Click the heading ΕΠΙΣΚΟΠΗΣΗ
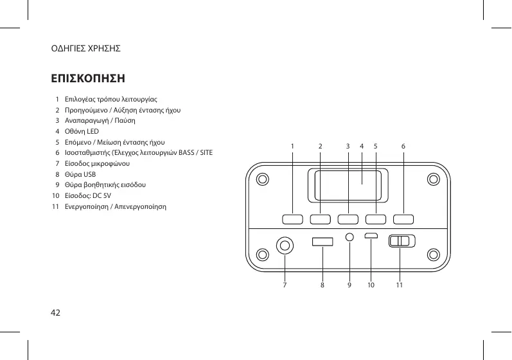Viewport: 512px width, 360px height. coord(88,78)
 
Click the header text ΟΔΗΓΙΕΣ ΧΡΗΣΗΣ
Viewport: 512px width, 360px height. coord(86,48)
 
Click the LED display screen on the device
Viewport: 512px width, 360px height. coord(347,186)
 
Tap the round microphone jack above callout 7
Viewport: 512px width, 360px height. coord(285,245)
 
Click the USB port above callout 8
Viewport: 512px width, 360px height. coord(322,242)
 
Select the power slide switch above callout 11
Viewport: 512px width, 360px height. coord(402,241)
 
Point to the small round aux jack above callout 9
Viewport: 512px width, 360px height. coord(349,237)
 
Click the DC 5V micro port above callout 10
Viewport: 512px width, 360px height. coord(371,237)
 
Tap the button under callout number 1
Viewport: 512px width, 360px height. coord(292,219)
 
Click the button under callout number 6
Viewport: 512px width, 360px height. coord(403,219)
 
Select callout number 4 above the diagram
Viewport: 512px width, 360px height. coord(362,147)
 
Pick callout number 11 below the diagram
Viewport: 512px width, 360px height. coord(399,283)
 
